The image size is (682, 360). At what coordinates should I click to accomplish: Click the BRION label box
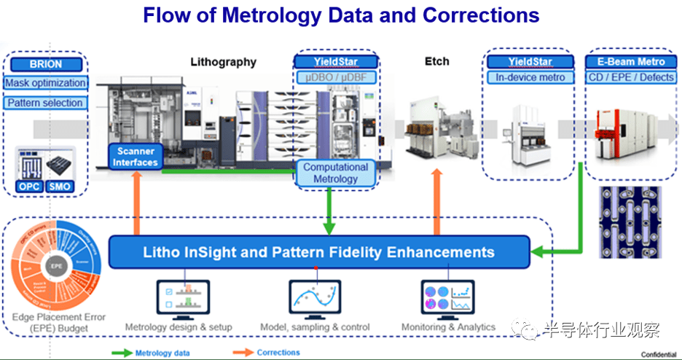pyautogui.click(x=46, y=63)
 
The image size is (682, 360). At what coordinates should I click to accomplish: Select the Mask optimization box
pyautogui.click(x=45, y=83)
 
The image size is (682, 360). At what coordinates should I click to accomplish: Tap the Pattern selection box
pyautogui.click(x=45, y=103)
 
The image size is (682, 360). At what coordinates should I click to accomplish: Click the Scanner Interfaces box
pyautogui.click(x=135, y=157)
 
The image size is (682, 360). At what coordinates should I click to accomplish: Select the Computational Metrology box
pyautogui.click(x=335, y=173)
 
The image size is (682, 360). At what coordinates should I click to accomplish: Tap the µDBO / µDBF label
pyautogui.click(x=335, y=77)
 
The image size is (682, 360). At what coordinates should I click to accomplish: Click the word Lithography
pyautogui.click(x=223, y=62)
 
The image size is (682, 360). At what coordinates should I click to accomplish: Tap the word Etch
pyautogui.click(x=437, y=62)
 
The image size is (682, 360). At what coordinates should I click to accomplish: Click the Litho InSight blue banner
pyautogui.click(x=319, y=252)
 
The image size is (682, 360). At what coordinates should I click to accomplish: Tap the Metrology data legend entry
pyautogui.click(x=157, y=353)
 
